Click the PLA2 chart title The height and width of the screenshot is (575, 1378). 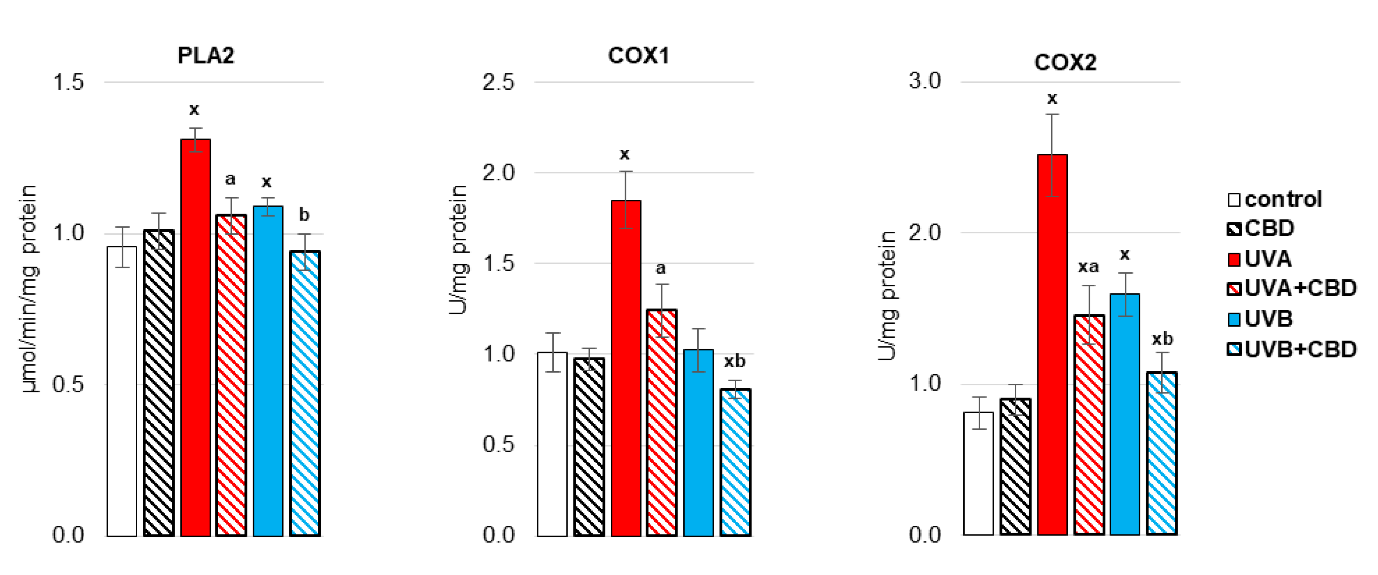(206, 55)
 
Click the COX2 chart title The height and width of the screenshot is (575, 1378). (1065, 62)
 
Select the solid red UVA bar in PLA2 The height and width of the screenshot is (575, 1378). (195, 337)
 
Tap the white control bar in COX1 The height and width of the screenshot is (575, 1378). (552, 444)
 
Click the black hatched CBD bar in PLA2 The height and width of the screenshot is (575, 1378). (159, 383)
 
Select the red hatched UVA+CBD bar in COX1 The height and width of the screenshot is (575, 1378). (662, 422)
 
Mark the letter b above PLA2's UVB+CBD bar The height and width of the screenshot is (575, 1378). (304, 215)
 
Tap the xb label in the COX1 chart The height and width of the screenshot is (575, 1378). (734, 361)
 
